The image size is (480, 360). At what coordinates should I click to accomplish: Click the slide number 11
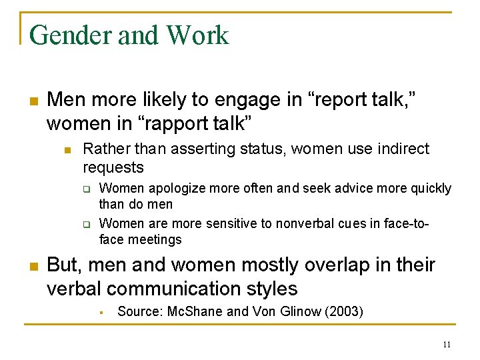pyautogui.click(x=447, y=345)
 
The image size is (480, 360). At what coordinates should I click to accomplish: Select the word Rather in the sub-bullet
pyautogui.click(x=103, y=149)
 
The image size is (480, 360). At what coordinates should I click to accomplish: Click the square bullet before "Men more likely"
pyautogui.click(x=32, y=101)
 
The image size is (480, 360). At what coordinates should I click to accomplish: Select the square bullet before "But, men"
pyautogui.click(x=32, y=266)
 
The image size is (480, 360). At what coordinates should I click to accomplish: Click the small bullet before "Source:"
pyautogui.click(x=103, y=312)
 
